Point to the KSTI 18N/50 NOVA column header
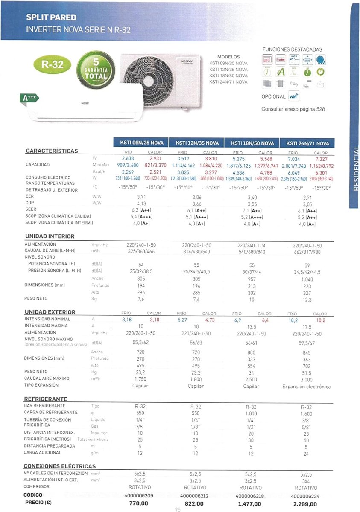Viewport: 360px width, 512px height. [252, 143]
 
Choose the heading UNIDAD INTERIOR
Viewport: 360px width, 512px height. [50, 236]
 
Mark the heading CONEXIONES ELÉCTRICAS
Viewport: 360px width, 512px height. [59, 466]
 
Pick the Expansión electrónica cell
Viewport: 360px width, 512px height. [306, 387]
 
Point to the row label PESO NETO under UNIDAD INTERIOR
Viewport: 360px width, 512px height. [37, 298]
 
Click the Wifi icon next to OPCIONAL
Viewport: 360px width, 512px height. [293, 97]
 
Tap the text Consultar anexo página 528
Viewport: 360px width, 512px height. [293, 109]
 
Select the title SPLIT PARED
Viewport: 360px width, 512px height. [51, 17]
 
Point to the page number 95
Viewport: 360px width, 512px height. [178, 509]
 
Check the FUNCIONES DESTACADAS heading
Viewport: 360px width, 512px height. [292, 50]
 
